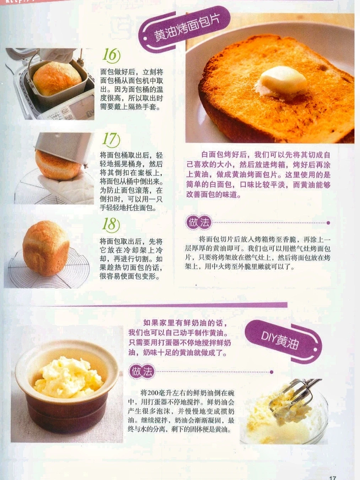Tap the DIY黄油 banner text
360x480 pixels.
(x=280, y=341)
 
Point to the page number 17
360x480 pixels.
(x=332, y=477)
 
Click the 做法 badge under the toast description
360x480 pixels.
(x=199, y=223)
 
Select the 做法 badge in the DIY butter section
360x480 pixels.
(x=142, y=371)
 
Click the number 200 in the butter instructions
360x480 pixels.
(x=153, y=393)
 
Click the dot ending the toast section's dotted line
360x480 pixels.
(x=328, y=223)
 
